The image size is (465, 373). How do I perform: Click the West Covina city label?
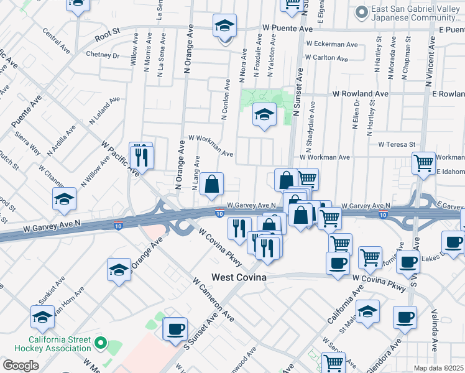239,277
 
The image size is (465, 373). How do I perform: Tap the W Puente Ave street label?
287,29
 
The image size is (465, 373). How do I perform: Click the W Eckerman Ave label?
332,45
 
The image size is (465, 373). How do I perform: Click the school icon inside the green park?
264,115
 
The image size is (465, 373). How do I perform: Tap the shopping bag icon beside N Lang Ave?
211,184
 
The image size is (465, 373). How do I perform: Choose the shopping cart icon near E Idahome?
423,163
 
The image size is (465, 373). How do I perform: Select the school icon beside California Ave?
367,310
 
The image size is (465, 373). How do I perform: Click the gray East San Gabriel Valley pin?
361,12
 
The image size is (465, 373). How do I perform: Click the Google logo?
21,365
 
